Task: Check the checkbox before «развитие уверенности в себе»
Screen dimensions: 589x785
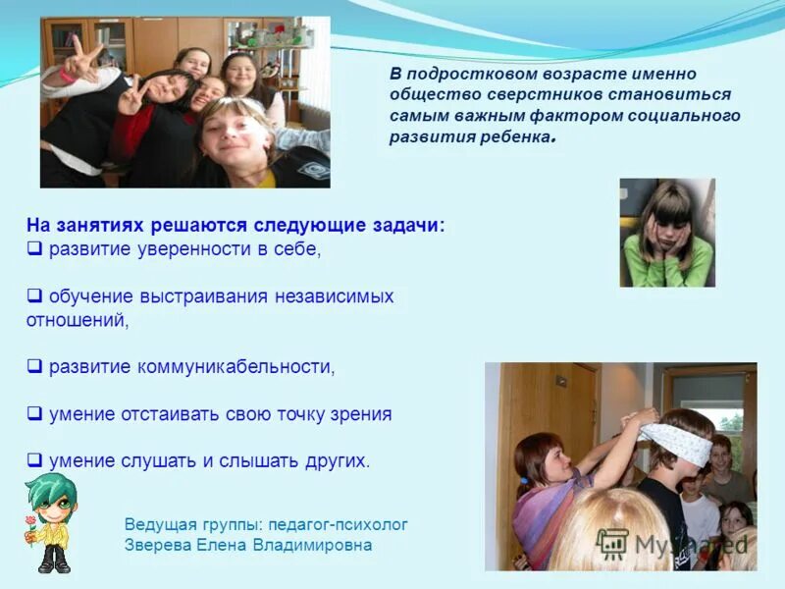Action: [x=33, y=249]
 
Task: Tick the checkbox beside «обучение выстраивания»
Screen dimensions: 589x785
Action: [x=33, y=295]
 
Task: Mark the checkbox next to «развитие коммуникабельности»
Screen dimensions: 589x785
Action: [x=33, y=367]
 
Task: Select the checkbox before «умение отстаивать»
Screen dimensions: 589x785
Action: [x=33, y=414]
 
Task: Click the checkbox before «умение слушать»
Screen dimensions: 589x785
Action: [x=33, y=459]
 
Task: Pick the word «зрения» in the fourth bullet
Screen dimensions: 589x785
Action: [x=364, y=414]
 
